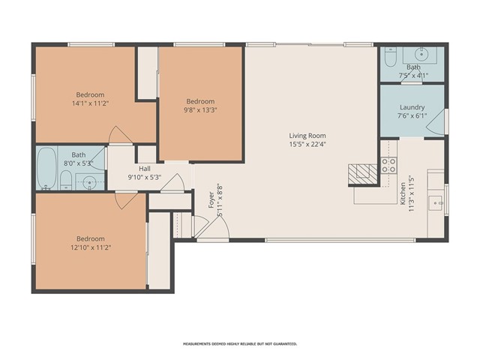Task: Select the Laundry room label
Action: pyautogui.click(x=412, y=107)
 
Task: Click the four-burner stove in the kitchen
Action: pyautogui.click(x=388, y=166)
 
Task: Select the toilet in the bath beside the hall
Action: pyautogui.click(x=67, y=178)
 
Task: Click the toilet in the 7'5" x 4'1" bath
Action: pyautogui.click(x=390, y=58)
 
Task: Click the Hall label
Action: pyautogui.click(x=145, y=169)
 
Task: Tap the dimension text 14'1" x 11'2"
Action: pyautogui.click(x=89, y=105)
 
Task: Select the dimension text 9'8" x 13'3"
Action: pyautogui.click(x=200, y=112)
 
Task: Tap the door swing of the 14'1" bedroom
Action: pyautogui.click(x=119, y=135)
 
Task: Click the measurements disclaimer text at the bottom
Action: pyautogui.click(x=240, y=343)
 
